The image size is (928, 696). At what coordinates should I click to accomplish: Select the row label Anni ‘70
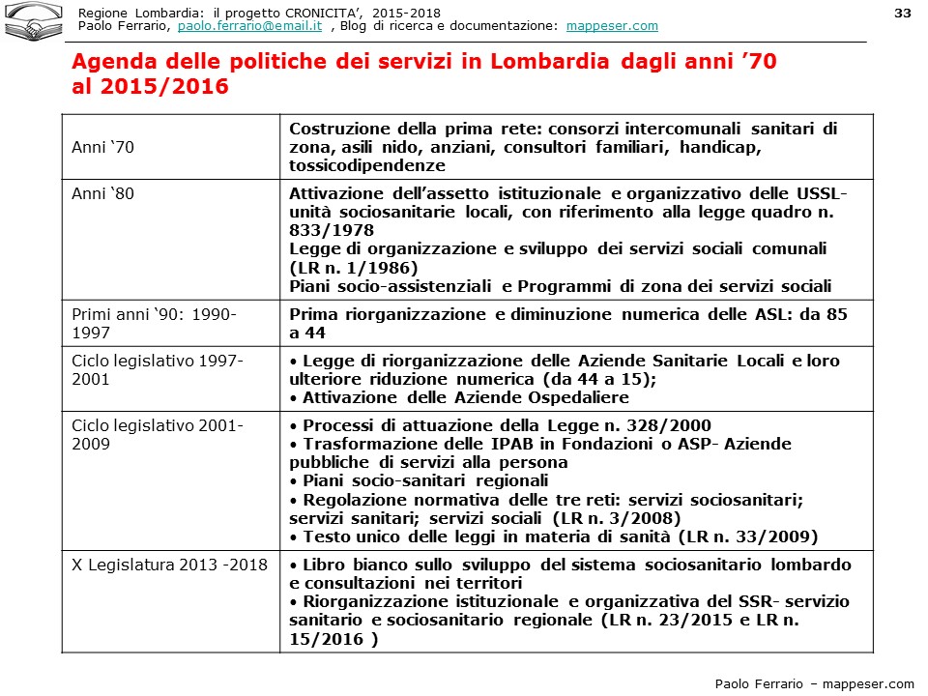click(x=103, y=147)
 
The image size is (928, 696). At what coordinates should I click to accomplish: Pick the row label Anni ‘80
click(x=103, y=193)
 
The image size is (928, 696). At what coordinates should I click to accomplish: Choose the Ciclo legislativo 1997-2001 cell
click(x=158, y=369)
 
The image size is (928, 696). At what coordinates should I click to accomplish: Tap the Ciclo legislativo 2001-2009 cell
click(x=158, y=435)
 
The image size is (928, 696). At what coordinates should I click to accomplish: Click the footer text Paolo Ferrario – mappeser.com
click(x=814, y=683)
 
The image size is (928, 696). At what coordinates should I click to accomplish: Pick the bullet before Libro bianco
click(x=294, y=565)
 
